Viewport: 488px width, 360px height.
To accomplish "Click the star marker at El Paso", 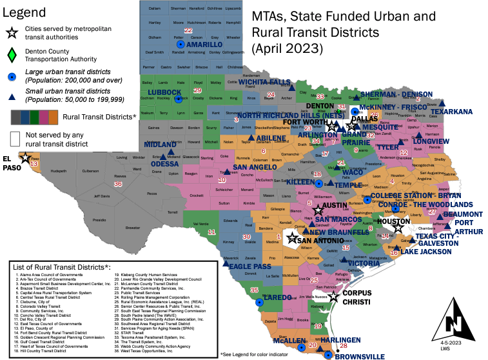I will point(26,157).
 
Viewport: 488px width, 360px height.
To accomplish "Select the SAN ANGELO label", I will point(254,167).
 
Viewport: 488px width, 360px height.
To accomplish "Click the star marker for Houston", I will point(398,228).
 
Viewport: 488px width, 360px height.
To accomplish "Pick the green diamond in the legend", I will point(11,55).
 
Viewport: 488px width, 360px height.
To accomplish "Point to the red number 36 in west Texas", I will point(118,184).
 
